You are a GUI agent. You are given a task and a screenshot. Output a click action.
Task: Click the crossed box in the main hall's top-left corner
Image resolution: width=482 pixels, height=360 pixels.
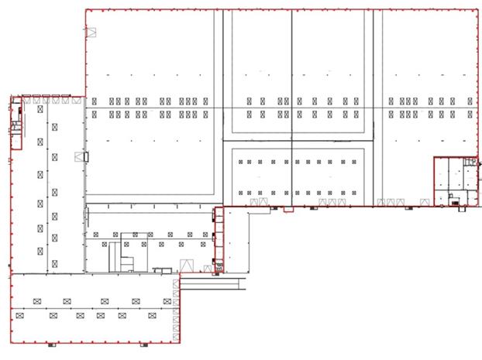coord(91,32)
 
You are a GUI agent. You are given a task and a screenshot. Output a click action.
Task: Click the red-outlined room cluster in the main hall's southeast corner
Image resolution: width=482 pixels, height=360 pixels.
coord(454,183)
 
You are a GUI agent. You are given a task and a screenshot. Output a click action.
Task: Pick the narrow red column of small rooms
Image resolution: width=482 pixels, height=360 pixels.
coord(219,236)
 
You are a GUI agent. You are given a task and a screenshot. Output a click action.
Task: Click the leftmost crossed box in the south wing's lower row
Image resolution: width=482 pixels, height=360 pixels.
coord(21,315)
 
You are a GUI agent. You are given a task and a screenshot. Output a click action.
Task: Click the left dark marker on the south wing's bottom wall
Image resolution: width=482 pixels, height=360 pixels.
coord(50,343)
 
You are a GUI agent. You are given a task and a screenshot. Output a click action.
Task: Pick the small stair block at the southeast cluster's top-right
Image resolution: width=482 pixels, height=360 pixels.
coord(470,162)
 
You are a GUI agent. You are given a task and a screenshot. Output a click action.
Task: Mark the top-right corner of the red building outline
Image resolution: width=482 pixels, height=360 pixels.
coord(477,9)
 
